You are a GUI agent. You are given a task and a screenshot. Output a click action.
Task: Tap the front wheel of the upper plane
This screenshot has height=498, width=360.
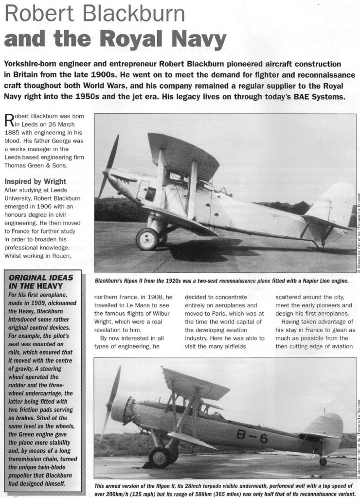[147, 239]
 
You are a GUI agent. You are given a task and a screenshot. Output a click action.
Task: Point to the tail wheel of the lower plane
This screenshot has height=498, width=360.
[323, 461]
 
